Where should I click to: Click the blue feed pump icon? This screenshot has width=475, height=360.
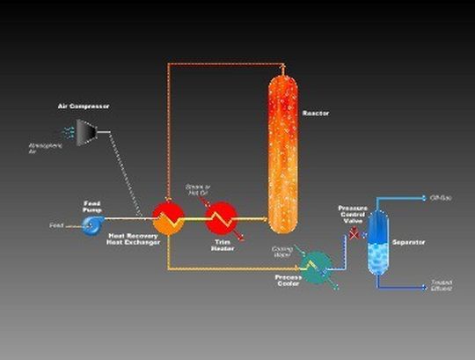pos(92,226)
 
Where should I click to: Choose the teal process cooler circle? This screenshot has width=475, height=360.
pos(316,261)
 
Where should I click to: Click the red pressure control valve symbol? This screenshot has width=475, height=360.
pos(354,235)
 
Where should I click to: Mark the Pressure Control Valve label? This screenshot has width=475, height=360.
pos(353,215)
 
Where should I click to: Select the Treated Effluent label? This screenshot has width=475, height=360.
pos(441,285)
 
